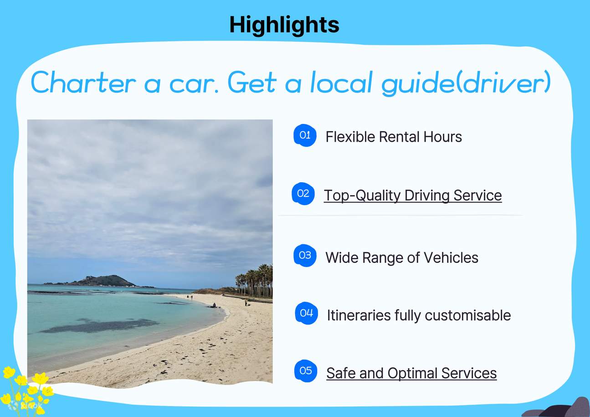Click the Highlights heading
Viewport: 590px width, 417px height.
tap(284, 25)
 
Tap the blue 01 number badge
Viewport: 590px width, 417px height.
tap(305, 135)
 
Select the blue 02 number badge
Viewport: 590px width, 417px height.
tap(303, 194)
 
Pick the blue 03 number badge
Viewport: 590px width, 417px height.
tap(305, 256)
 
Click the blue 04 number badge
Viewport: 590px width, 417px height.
tap(306, 313)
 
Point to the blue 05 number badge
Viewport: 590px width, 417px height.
tap(306, 371)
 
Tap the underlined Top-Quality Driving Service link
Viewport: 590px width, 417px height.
tap(412, 196)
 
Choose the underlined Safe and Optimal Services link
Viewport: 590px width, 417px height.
tap(411, 373)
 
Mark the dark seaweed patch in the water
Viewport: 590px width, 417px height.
tap(98, 325)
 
